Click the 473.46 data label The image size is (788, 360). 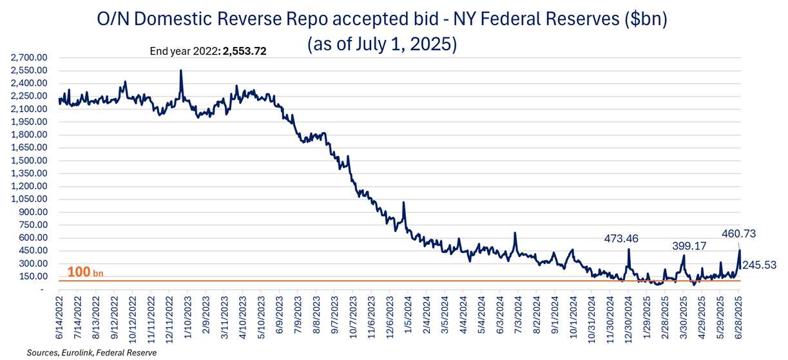click(620, 239)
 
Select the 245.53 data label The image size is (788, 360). click(759, 265)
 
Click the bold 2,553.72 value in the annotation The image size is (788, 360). click(244, 50)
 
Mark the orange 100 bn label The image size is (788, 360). click(79, 272)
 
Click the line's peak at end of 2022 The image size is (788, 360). click(181, 71)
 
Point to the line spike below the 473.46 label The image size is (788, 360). click(628, 249)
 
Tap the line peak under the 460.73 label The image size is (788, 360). click(740, 250)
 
